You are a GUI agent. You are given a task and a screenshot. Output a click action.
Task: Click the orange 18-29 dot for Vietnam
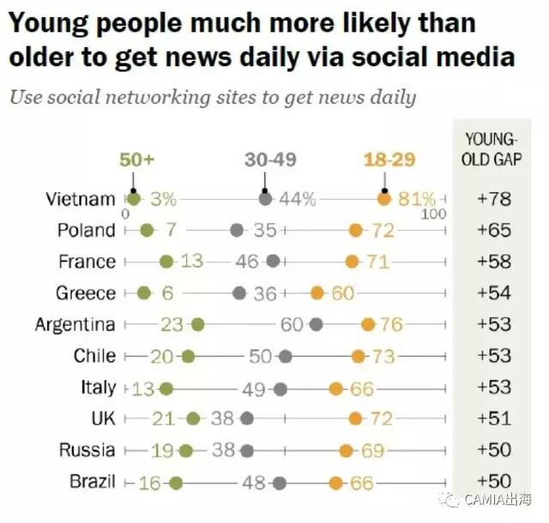click(384, 199)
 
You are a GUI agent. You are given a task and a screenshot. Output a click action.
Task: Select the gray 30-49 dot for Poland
click(238, 230)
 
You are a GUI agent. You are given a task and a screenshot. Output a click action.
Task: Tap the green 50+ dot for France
click(166, 261)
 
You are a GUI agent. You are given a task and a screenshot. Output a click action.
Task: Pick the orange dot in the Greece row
click(317, 293)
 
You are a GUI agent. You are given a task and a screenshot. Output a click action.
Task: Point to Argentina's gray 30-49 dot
click(316, 324)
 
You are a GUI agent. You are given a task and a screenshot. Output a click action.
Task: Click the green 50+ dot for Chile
click(188, 356)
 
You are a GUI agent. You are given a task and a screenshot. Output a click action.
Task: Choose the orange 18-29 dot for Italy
click(336, 388)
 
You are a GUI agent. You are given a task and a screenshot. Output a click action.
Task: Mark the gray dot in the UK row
click(247, 418)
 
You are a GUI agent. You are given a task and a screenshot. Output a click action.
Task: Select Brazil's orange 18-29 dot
click(336, 482)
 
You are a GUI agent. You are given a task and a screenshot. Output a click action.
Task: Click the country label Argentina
click(75, 324)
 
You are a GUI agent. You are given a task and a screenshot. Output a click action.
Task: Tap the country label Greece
click(86, 293)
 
